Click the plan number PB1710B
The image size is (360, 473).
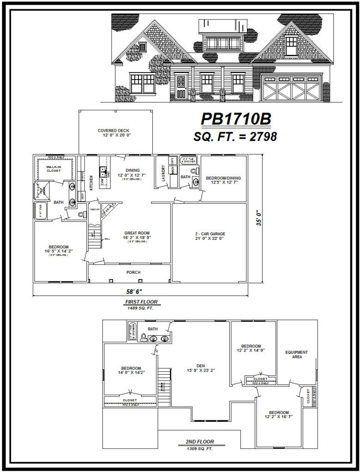(x=236, y=120)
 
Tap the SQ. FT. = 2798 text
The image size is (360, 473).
(x=235, y=137)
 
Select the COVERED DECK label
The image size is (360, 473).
(x=114, y=131)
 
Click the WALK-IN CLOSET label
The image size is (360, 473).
(x=54, y=169)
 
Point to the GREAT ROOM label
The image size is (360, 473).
(x=137, y=233)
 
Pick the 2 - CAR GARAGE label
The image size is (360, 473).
(x=210, y=234)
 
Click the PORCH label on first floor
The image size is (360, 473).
(x=134, y=273)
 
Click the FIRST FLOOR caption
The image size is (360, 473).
(x=141, y=302)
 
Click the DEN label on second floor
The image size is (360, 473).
(x=201, y=364)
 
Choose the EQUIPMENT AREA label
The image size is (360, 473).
(x=296, y=355)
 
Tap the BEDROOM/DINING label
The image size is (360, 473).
(x=223, y=178)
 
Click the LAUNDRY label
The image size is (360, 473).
(x=163, y=173)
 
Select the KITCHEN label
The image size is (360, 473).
(x=91, y=182)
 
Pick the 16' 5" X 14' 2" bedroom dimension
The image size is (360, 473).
(x=58, y=251)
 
